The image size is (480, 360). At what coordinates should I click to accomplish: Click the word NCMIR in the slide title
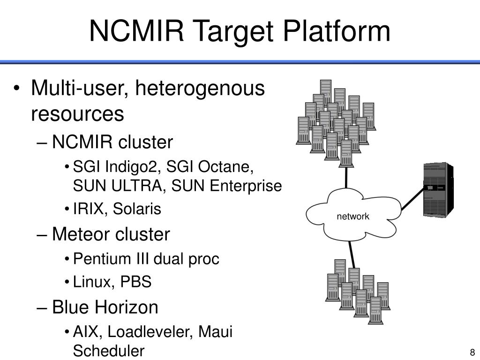tap(136, 30)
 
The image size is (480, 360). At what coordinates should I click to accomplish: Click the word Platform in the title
tap(337, 30)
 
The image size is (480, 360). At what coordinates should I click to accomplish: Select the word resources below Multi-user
tap(77, 113)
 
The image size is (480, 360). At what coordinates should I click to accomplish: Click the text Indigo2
tap(133, 167)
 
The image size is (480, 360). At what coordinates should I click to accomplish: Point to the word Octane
tap(226, 167)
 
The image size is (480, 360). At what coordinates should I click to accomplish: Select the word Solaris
tap(137, 209)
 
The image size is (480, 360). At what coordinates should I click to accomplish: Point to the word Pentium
tap(102, 259)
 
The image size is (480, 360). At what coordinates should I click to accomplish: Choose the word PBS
tap(135, 282)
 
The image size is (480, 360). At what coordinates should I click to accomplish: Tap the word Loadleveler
tap(150, 331)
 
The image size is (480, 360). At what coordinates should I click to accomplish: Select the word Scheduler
tap(109, 351)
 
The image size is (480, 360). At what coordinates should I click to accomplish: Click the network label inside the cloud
tap(353, 217)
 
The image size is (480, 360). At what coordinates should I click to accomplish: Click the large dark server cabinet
tap(438, 190)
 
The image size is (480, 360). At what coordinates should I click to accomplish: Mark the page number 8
tap(472, 352)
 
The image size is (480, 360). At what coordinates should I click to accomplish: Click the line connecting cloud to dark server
tap(412, 199)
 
